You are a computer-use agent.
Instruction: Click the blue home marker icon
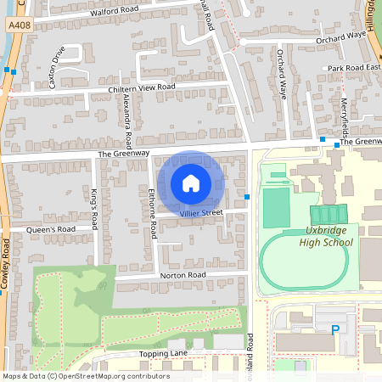point(191,183)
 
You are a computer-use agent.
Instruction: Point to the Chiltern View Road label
point(141,87)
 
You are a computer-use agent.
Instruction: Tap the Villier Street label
point(201,213)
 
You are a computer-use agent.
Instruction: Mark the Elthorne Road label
point(153,212)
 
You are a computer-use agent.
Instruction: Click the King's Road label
point(94,205)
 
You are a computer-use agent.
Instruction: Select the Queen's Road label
point(51,229)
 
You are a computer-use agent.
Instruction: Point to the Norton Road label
point(183,276)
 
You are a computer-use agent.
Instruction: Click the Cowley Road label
point(7,263)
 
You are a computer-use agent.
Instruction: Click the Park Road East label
point(354,67)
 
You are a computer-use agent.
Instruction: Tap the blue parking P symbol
point(335,329)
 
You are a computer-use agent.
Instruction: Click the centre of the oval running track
point(303,261)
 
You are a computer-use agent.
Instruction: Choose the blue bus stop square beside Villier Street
point(247,198)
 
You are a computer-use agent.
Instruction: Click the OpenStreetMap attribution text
point(85,376)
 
